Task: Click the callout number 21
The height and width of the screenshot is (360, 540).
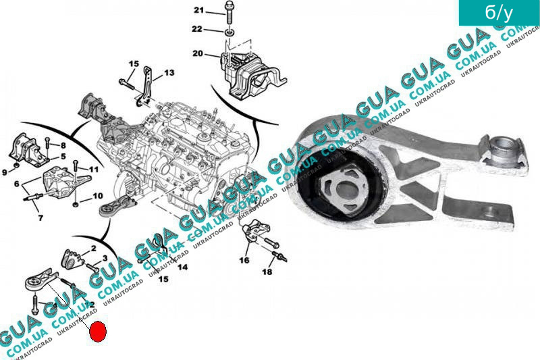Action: (198, 10)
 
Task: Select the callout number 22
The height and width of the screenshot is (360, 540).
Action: (197, 29)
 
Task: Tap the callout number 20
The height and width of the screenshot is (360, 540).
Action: (197, 53)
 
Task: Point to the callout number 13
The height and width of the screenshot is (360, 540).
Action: (168, 72)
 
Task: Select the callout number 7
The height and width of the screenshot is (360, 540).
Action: (40, 218)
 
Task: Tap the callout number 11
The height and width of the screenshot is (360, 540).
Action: (94, 169)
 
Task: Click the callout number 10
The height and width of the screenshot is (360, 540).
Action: (98, 196)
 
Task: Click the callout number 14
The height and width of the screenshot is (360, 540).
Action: (182, 267)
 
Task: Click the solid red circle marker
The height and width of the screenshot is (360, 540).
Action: (98, 332)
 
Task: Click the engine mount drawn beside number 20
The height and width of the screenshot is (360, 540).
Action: (245, 71)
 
